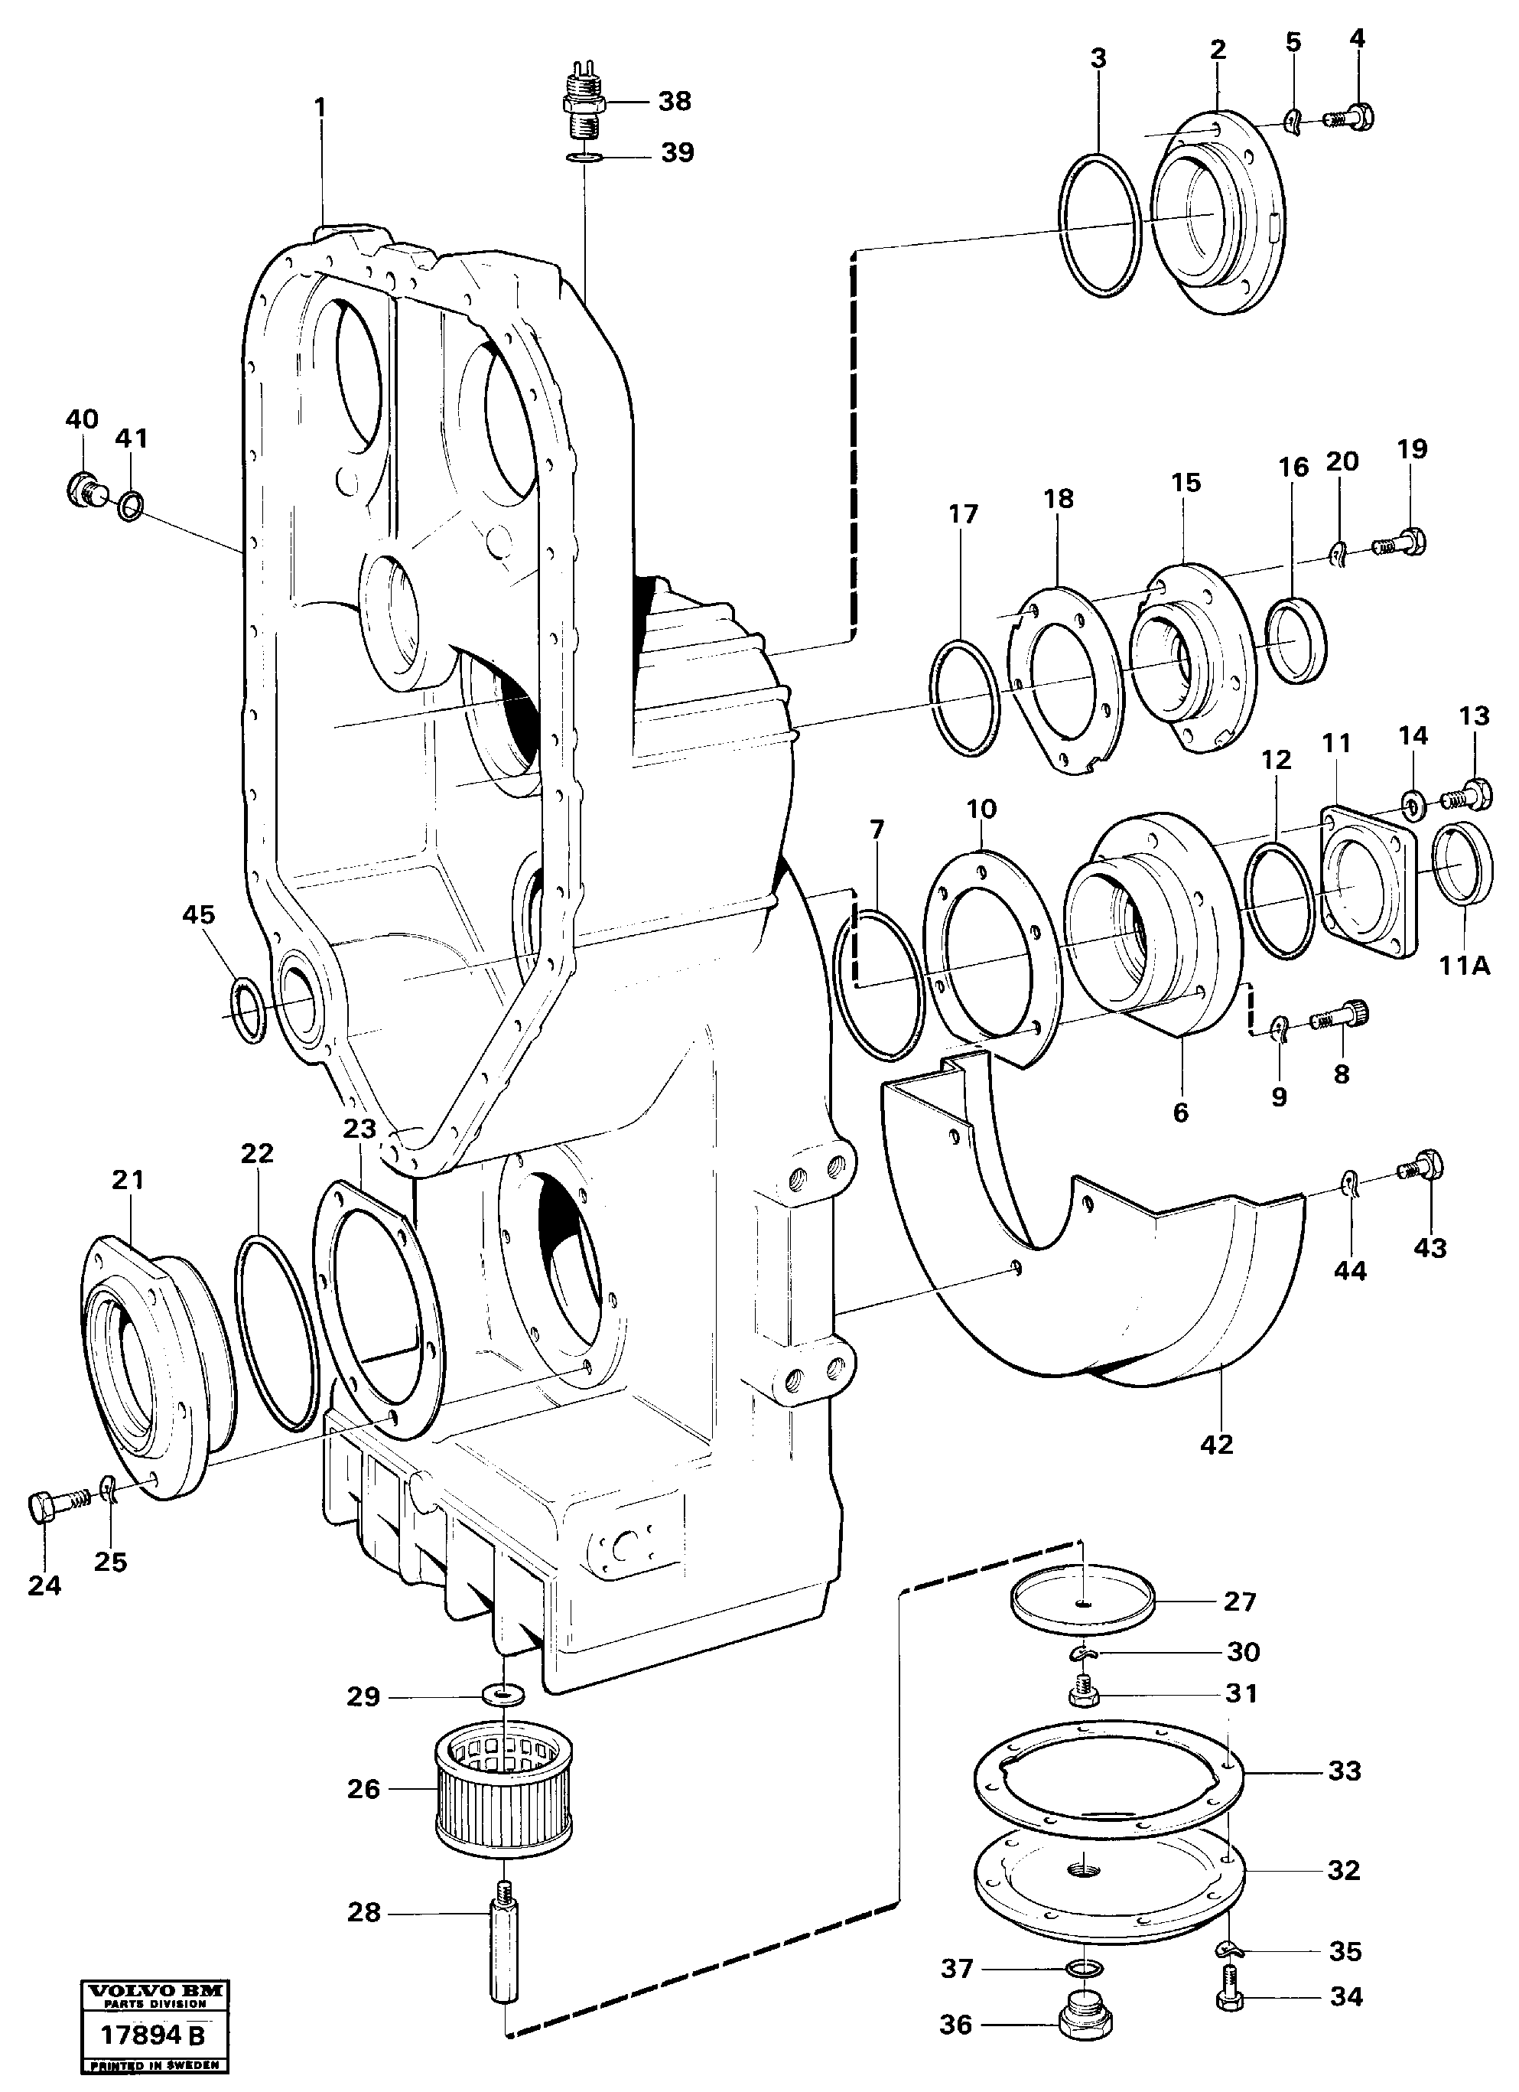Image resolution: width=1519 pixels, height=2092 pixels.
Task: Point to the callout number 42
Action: (1215, 1445)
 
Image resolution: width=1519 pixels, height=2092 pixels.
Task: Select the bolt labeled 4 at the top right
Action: (1352, 117)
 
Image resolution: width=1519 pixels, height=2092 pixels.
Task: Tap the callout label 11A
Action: (1464, 966)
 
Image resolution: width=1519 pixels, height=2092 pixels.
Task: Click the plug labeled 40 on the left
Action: (85, 489)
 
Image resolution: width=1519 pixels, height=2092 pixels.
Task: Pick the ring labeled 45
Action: (248, 1012)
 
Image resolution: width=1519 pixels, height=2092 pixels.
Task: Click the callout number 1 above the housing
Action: (320, 108)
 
